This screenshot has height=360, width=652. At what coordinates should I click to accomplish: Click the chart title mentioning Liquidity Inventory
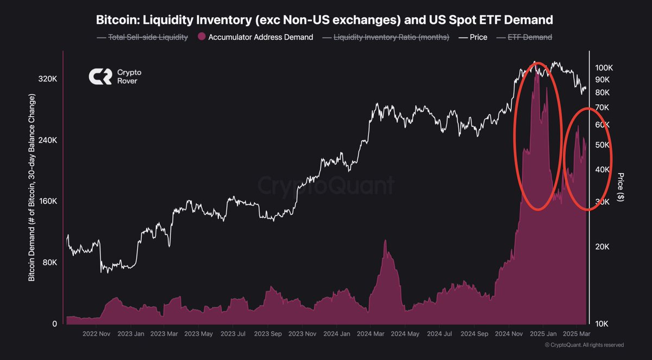324,21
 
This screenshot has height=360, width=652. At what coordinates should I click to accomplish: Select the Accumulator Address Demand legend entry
255,37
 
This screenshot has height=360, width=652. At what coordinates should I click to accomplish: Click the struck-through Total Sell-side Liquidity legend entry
142,37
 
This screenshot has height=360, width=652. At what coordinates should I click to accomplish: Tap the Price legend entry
472,37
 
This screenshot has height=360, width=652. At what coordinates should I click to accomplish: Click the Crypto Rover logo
115,77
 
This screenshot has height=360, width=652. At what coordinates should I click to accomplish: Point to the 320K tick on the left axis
48,79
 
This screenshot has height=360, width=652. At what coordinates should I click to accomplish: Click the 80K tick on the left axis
50,263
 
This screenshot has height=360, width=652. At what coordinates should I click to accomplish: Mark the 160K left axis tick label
48,201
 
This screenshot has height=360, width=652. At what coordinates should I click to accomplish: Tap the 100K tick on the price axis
605,68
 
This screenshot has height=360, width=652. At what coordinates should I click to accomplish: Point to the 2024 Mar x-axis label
372,334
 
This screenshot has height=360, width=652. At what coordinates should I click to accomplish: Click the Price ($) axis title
620,187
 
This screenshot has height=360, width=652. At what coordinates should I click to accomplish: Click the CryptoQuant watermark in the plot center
326,186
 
